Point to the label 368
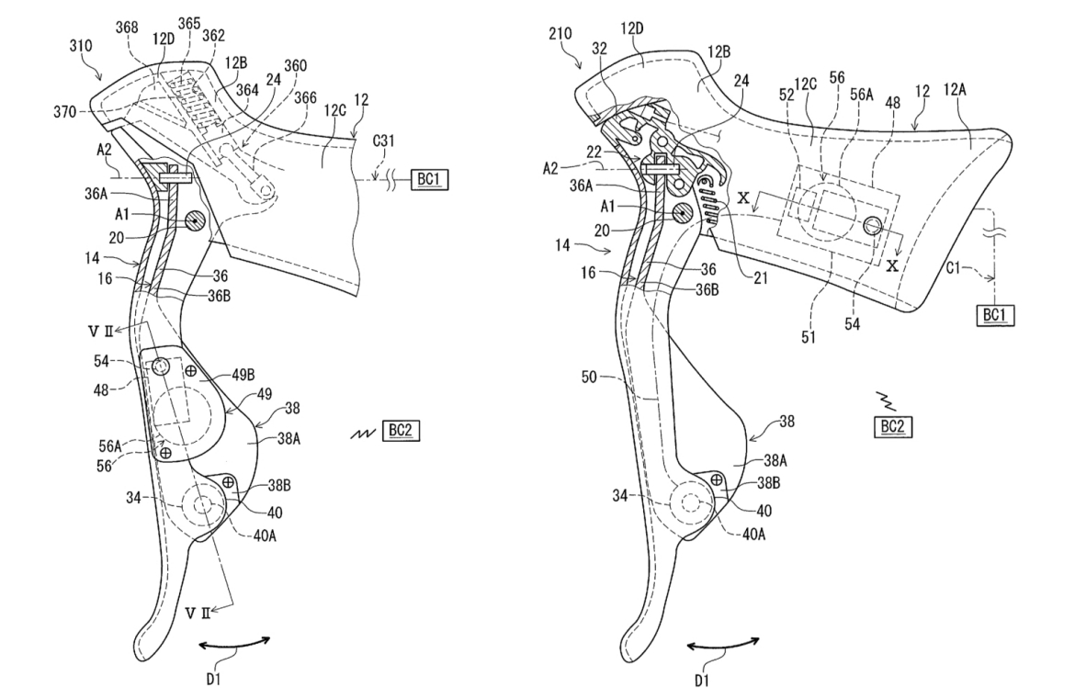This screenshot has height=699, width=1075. coord(127,28)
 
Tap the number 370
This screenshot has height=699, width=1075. coord(64,111)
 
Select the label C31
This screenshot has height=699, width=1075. coord(383,141)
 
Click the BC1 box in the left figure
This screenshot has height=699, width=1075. coord(428,179)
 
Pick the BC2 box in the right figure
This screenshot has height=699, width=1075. coord(893,426)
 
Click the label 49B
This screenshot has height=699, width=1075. coord(243,374)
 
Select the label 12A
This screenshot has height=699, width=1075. coord(955,88)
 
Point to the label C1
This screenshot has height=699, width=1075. coord(954,267)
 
